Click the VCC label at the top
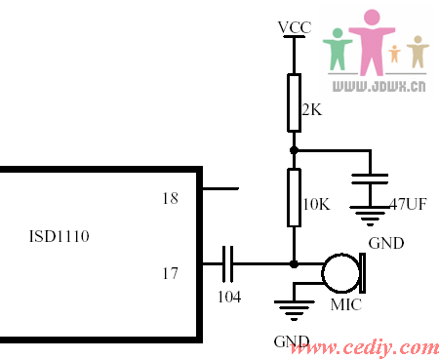[294, 27]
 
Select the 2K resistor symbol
[294, 102]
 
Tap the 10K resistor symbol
[294, 198]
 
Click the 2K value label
[311, 110]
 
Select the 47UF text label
[408, 205]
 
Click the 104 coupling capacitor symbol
[229, 263]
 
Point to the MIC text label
[345, 306]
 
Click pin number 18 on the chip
[170, 198]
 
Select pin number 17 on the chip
[170, 273]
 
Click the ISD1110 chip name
[60, 235]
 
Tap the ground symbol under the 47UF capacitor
[369, 217]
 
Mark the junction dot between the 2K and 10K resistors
[294, 150]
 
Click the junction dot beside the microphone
[294, 263]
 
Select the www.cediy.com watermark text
[373, 347]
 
